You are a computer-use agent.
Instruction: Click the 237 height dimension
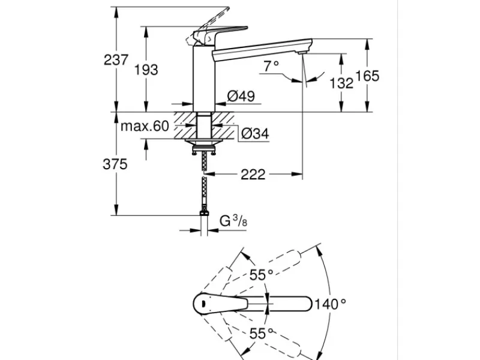(x=116, y=59)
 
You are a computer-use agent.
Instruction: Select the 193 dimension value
(x=146, y=70)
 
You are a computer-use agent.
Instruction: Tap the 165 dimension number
(x=367, y=76)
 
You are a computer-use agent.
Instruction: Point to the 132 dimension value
(x=341, y=83)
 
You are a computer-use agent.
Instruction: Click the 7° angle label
(x=271, y=66)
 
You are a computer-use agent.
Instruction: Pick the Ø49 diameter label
(x=241, y=96)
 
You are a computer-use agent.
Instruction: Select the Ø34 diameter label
(x=255, y=133)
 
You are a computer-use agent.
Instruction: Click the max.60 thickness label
(x=145, y=126)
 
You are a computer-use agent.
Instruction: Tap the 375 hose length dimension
(x=115, y=164)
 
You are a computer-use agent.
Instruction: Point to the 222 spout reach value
(x=253, y=175)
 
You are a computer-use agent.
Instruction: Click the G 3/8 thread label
(x=233, y=220)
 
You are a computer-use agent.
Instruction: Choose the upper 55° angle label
(x=261, y=275)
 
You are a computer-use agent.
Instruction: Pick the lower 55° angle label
(x=261, y=334)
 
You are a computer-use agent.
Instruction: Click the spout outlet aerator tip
(x=302, y=53)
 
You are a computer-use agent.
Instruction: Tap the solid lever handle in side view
(x=220, y=34)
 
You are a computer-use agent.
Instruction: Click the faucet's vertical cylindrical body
(x=204, y=79)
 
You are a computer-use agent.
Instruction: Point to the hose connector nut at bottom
(x=204, y=214)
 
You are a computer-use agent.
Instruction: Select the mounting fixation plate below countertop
(x=204, y=142)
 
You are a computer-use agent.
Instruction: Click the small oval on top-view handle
(x=203, y=304)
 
